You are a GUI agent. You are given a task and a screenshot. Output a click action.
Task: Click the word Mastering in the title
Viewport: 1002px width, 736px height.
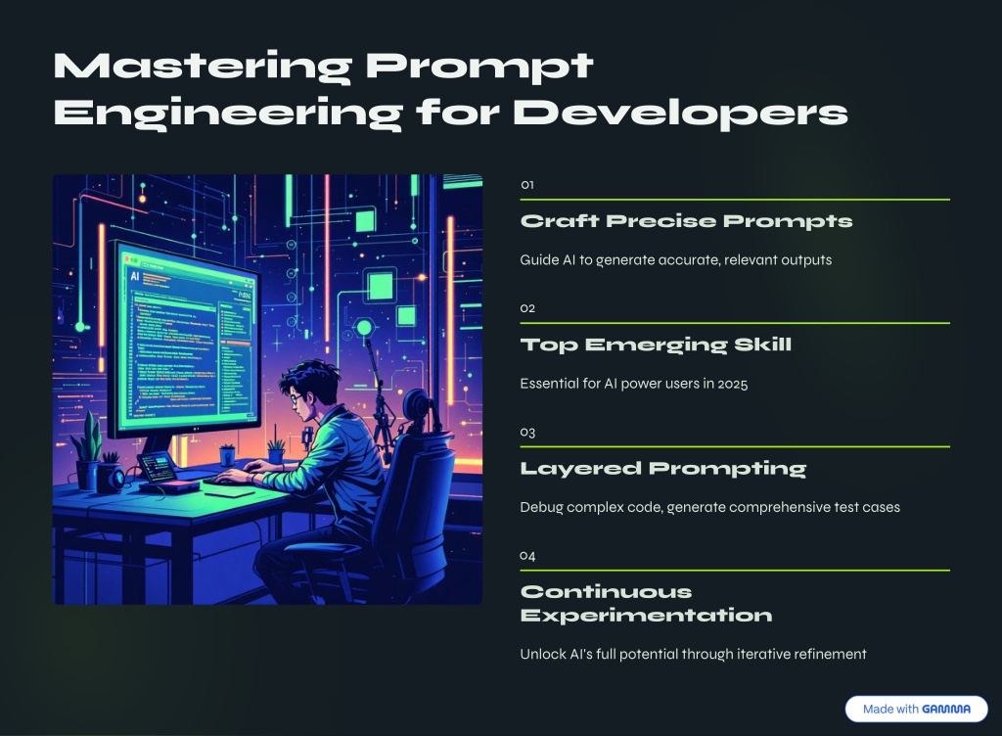[x=203, y=67]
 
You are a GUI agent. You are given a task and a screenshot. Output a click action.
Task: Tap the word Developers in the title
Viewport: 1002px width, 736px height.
[x=680, y=114]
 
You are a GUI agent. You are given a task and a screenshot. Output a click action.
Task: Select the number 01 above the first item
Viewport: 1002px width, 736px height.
[x=527, y=185]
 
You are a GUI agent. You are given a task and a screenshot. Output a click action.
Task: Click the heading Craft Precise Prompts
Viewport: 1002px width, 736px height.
[x=686, y=221]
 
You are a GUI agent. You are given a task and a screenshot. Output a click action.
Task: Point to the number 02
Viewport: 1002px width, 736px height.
[x=527, y=308]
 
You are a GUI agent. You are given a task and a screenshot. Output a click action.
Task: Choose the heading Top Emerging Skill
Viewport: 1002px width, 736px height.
[x=656, y=345]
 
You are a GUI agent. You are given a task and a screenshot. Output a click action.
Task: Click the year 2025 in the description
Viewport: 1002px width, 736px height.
[x=732, y=384]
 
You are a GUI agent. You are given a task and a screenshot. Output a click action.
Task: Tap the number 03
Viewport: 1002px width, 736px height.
[x=527, y=432]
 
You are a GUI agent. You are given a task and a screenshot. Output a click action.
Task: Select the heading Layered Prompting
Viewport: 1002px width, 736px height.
[x=663, y=468]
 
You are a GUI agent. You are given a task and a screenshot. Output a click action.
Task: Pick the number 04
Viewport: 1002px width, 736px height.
[x=527, y=555]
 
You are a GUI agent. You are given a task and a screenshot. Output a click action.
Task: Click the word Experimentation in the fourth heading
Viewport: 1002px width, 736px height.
[x=646, y=616]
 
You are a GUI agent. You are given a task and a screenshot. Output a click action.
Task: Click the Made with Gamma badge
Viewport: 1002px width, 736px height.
[x=916, y=709]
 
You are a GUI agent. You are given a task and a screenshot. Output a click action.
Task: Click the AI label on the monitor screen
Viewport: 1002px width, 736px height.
[x=134, y=276]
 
